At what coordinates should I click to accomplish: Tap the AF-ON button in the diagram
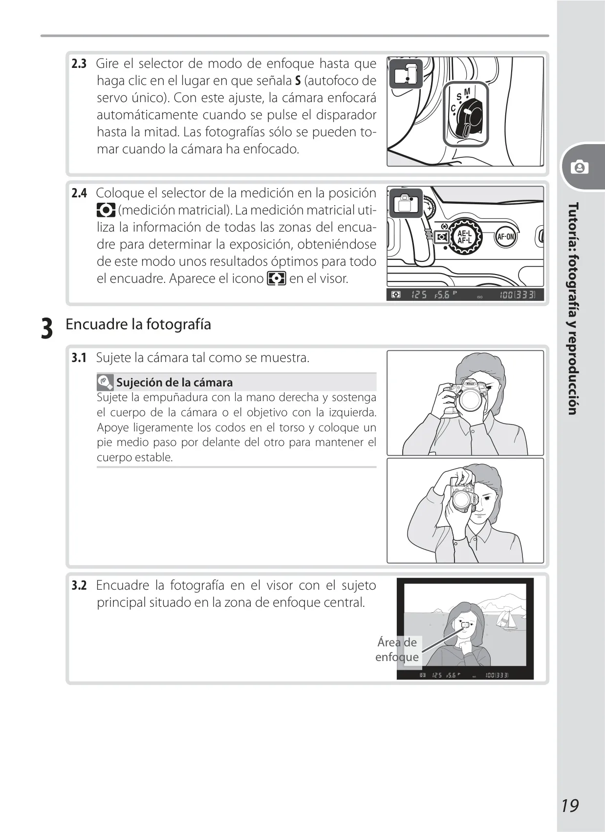click(x=505, y=236)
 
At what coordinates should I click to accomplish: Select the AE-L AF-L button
click(x=465, y=236)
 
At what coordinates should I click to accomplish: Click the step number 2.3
click(x=79, y=64)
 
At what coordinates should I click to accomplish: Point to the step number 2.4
click(x=79, y=193)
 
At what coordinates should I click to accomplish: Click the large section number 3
click(x=47, y=328)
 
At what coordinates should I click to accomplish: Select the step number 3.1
click(x=79, y=358)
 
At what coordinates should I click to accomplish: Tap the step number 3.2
click(x=79, y=585)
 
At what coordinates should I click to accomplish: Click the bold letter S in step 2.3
click(x=298, y=81)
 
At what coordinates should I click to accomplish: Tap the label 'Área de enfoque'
click(x=397, y=650)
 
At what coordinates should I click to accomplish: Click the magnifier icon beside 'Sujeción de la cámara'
click(x=105, y=383)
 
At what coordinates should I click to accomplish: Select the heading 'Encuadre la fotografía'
click(x=138, y=324)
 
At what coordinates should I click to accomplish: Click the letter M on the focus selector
click(x=467, y=91)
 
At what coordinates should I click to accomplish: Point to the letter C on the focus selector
click(x=454, y=108)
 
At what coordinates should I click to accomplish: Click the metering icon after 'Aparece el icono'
click(x=277, y=278)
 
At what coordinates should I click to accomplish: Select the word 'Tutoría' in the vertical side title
click(x=573, y=222)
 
